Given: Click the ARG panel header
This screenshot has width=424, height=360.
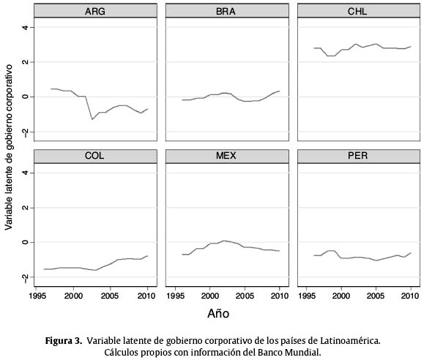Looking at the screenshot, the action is point(95,11).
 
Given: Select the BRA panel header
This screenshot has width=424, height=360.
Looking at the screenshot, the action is point(227,11).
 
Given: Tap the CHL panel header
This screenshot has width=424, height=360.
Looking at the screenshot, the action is point(359,11).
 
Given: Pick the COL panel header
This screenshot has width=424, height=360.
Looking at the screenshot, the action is point(95,156).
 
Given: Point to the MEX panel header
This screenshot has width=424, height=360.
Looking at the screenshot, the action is point(227,156).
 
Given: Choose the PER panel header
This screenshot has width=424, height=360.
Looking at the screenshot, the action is point(359,156).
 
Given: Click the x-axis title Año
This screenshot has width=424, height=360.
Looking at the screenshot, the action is point(218,313).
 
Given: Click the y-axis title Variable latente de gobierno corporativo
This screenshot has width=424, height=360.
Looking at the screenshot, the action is point(9,147).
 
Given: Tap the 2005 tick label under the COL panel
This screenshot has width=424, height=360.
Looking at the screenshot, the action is point(110,296).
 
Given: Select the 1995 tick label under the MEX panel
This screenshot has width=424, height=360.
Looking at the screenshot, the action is point(176,296).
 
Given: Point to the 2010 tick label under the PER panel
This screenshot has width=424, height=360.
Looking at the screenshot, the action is point(411,296).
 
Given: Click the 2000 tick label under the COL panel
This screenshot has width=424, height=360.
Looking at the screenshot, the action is point(73,296).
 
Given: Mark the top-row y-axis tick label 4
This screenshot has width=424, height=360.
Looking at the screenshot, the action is point(25,27).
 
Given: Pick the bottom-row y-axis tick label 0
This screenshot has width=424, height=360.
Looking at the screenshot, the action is point(25,242).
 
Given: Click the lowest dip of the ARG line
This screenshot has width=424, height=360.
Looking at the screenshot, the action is point(92,119).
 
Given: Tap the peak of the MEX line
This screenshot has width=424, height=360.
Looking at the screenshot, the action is point(223,240).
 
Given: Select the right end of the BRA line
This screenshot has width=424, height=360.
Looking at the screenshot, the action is point(280,91).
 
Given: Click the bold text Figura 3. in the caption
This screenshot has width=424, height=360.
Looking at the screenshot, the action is point(63,341).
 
